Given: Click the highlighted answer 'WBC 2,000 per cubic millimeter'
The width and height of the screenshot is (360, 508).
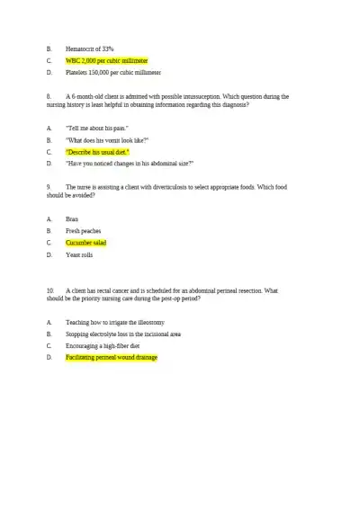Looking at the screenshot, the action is tap(106, 60).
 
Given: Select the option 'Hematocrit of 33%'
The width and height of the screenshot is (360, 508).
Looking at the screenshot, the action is tap(90, 48).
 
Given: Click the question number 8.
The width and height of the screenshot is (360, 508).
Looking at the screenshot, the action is tap(46, 95).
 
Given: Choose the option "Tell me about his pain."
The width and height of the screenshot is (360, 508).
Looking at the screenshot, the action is tap(97, 129).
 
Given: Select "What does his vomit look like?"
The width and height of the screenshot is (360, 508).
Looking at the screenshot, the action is tap(107, 140).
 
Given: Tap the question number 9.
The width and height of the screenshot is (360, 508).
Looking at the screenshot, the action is tap(46, 187).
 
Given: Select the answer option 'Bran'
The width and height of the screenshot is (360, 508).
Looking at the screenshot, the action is tap(72, 218).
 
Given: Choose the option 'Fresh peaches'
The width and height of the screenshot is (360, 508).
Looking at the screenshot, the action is tap(84, 230).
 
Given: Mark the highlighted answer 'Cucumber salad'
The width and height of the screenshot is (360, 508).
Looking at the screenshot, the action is tap(86, 243).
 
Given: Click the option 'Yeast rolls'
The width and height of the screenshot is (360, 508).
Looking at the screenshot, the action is tap(79, 254).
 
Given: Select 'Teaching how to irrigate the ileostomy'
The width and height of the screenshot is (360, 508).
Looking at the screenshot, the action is tap(115, 322).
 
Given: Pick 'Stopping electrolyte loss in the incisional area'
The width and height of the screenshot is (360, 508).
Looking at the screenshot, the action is tap(123, 334).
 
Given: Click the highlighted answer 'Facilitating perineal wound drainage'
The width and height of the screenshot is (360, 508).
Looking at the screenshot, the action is tap(112, 357).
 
